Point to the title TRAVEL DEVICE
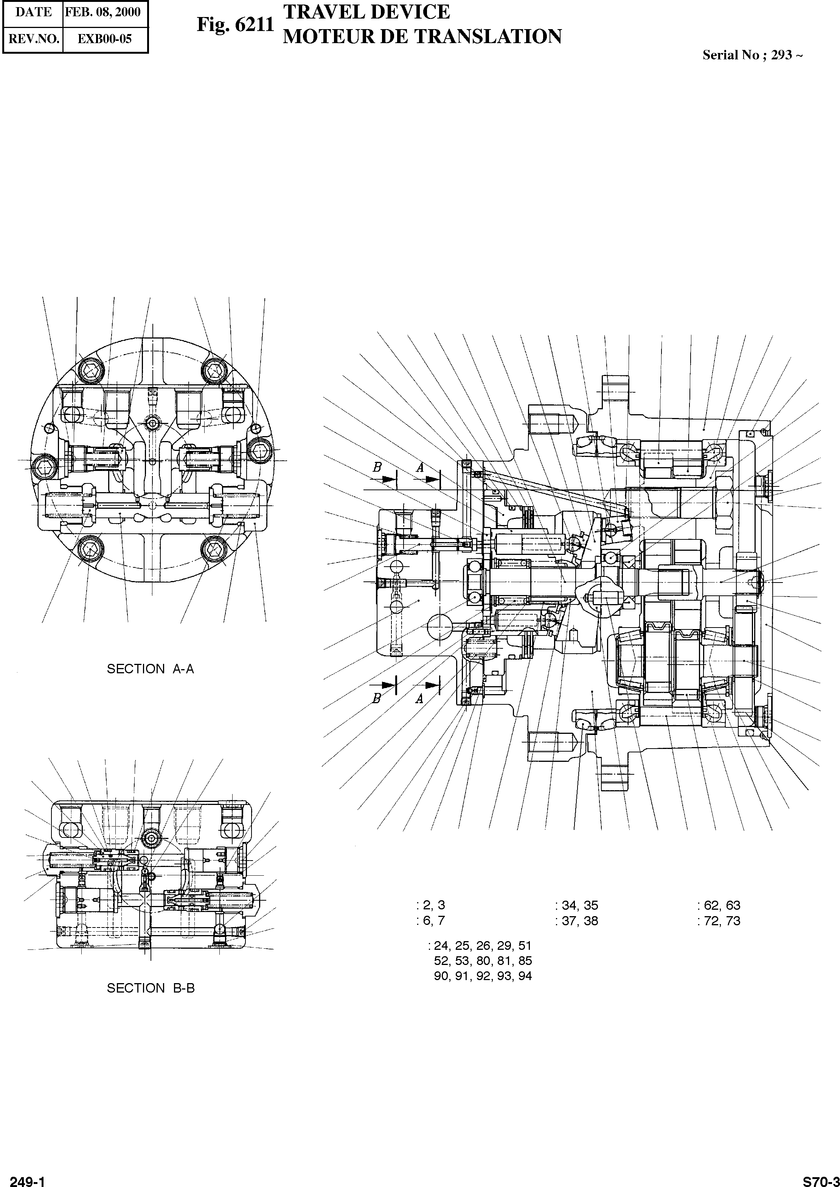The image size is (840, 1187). click(x=366, y=11)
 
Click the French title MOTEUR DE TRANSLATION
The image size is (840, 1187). click(x=422, y=37)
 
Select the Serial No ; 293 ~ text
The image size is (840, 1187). click(x=752, y=55)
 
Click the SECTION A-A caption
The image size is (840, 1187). click(x=150, y=669)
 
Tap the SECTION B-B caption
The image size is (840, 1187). click(x=151, y=988)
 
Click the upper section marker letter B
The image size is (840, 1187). click(x=377, y=467)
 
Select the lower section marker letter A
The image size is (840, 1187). click(x=419, y=699)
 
